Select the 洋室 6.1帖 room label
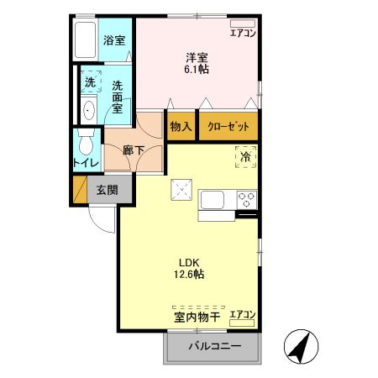tap(197, 63)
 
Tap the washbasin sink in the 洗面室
tap(89, 108)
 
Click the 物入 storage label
tap(181, 126)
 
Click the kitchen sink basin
tap(212, 200)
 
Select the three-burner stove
tap(248, 200)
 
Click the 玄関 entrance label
tap(106, 189)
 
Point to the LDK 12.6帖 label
tap(190, 266)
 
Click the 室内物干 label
tap(197, 317)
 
